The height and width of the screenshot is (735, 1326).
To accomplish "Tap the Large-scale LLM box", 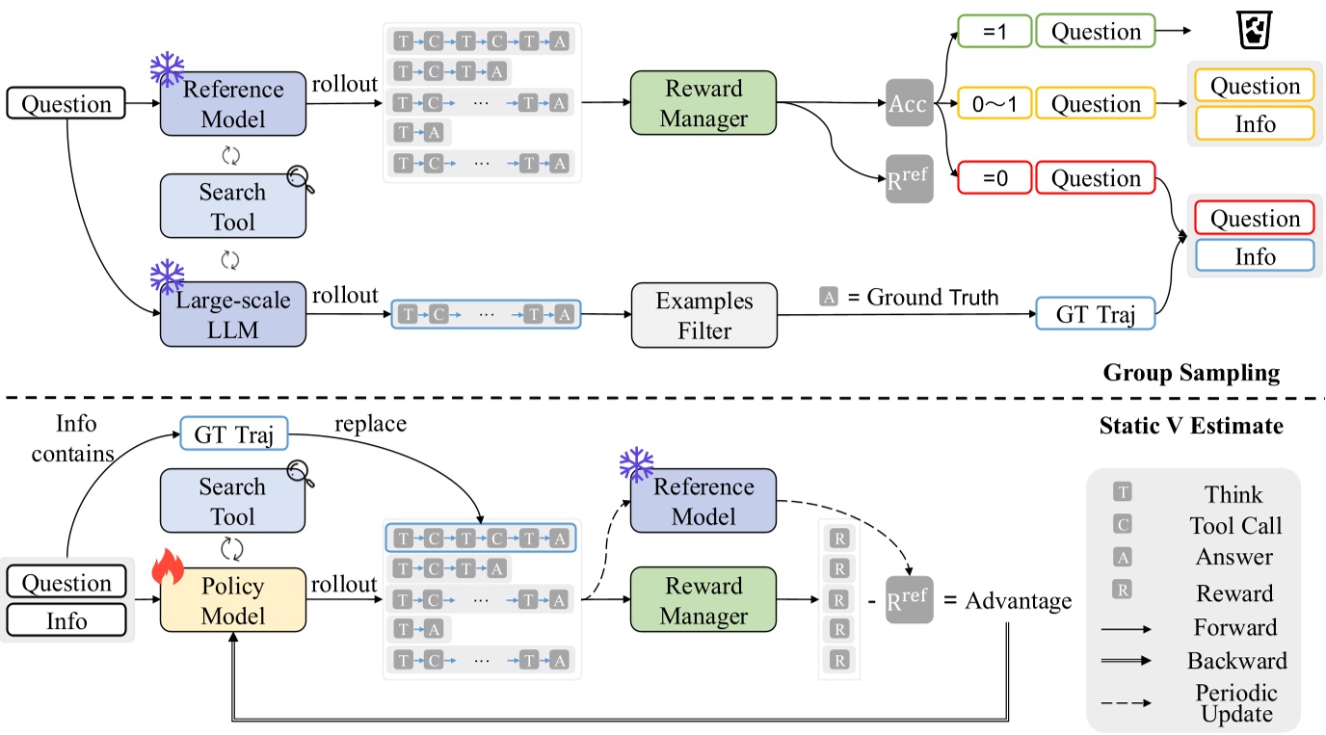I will [232, 314].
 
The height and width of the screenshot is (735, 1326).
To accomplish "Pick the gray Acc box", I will [910, 104].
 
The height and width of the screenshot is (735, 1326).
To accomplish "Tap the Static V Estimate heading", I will [1191, 425].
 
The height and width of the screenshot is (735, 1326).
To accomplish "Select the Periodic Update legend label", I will [1235, 703].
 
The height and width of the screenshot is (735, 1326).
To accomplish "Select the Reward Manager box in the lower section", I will [703, 601].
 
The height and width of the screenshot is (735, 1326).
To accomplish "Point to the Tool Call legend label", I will [1235, 526].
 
